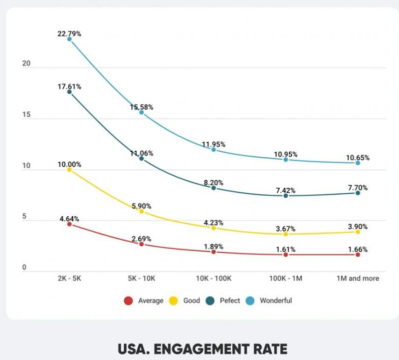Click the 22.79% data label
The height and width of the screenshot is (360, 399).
69,33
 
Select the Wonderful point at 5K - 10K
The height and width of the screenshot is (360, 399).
141,112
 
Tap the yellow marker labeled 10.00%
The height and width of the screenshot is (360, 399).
69,170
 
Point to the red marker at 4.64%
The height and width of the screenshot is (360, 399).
69,224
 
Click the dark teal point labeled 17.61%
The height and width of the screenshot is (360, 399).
69,92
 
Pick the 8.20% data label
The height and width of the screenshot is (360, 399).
213,183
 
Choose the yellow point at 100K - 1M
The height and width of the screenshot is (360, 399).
285,234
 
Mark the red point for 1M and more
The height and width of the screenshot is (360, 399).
358,255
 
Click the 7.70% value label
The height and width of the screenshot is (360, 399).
357,188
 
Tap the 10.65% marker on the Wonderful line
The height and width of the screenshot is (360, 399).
358,163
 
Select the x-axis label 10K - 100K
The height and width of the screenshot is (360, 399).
213,278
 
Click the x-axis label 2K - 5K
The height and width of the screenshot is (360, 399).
69,278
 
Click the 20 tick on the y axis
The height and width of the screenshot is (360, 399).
26,64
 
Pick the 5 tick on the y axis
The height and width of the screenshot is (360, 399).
24,217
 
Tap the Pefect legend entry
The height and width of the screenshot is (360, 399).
224,301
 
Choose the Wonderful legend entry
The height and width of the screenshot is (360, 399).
270,301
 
